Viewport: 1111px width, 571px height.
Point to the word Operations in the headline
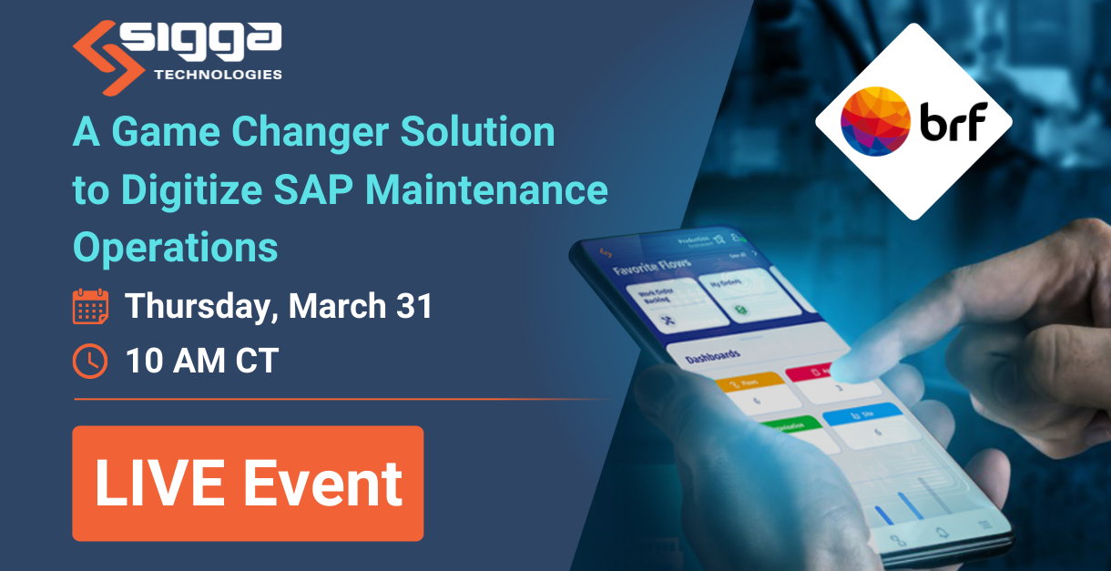[175, 247]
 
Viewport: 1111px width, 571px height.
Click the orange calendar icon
[90, 307]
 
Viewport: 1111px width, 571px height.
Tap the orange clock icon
[90, 362]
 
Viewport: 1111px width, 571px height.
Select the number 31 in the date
[413, 307]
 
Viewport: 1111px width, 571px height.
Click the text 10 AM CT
[201, 362]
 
